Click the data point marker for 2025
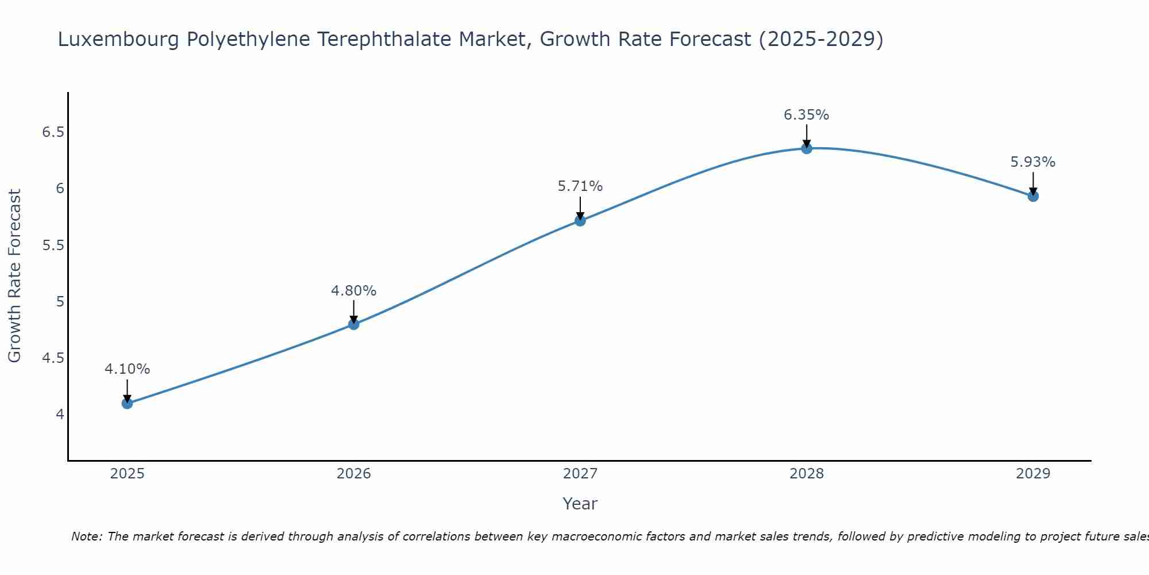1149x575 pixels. pyautogui.click(x=127, y=403)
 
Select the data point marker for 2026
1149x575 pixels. pyautogui.click(x=353, y=324)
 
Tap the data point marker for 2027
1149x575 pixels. pyautogui.click(x=580, y=220)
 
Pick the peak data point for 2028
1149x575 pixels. pyautogui.click(x=806, y=148)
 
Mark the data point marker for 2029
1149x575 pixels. pyautogui.click(x=1032, y=196)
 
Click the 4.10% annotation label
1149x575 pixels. pyautogui.click(x=127, y=369)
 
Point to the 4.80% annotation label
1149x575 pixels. pyautogui.click(x=353, y=291)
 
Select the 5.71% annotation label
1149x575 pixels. pyautogui.click(x=580, y=186)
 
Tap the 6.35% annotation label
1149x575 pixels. pyautogui.click(x=806, y=115)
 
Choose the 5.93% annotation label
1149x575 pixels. pyautogui.click(x=1032, y=162)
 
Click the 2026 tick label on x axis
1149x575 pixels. pyautogui.click(x=353, y=474)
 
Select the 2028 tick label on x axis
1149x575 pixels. pyautogui.click(x=806, y=474)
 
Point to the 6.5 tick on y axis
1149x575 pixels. pyautogui.click(x=53, y=133)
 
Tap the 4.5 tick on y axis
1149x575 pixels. pyautogui.click(x=53, y=358)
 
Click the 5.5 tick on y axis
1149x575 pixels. pyautogui.click(x=53, y=246)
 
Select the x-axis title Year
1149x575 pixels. pyautogui.click(x=580, y=504)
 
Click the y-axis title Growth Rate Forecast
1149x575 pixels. pyautogui.click(x=14, y=276)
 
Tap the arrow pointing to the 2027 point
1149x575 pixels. pyautogui.click(x=580, y=208)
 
